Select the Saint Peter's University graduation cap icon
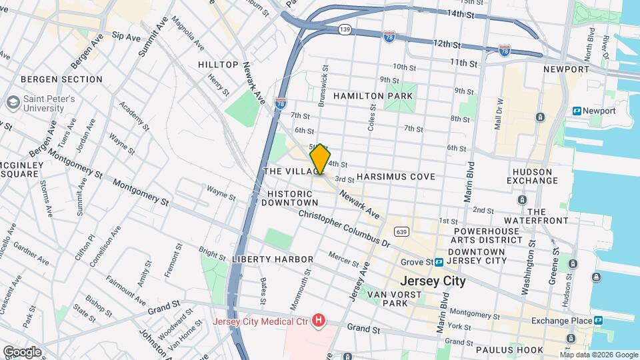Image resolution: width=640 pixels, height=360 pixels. pos(13,103)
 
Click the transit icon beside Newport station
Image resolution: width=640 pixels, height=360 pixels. pos(577,111)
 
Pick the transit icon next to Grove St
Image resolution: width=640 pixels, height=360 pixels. pos(440,262)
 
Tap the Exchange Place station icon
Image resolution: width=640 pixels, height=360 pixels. pos(599,321)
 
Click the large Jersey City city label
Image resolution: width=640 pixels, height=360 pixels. pos(433,281)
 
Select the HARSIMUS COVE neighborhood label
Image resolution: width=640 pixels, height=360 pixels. pos(395,177)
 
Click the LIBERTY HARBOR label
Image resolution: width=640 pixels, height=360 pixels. pos(273,259)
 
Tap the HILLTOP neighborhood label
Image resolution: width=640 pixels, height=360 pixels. pos(218,65)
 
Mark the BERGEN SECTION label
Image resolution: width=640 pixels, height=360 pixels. pos(61,79)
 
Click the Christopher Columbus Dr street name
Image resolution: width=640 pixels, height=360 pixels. pos(343,229)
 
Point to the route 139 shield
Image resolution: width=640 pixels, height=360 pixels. pos(345,29)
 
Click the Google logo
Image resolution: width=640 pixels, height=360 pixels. pos(21,351)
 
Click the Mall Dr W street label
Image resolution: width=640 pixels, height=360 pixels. pos(499,114)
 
